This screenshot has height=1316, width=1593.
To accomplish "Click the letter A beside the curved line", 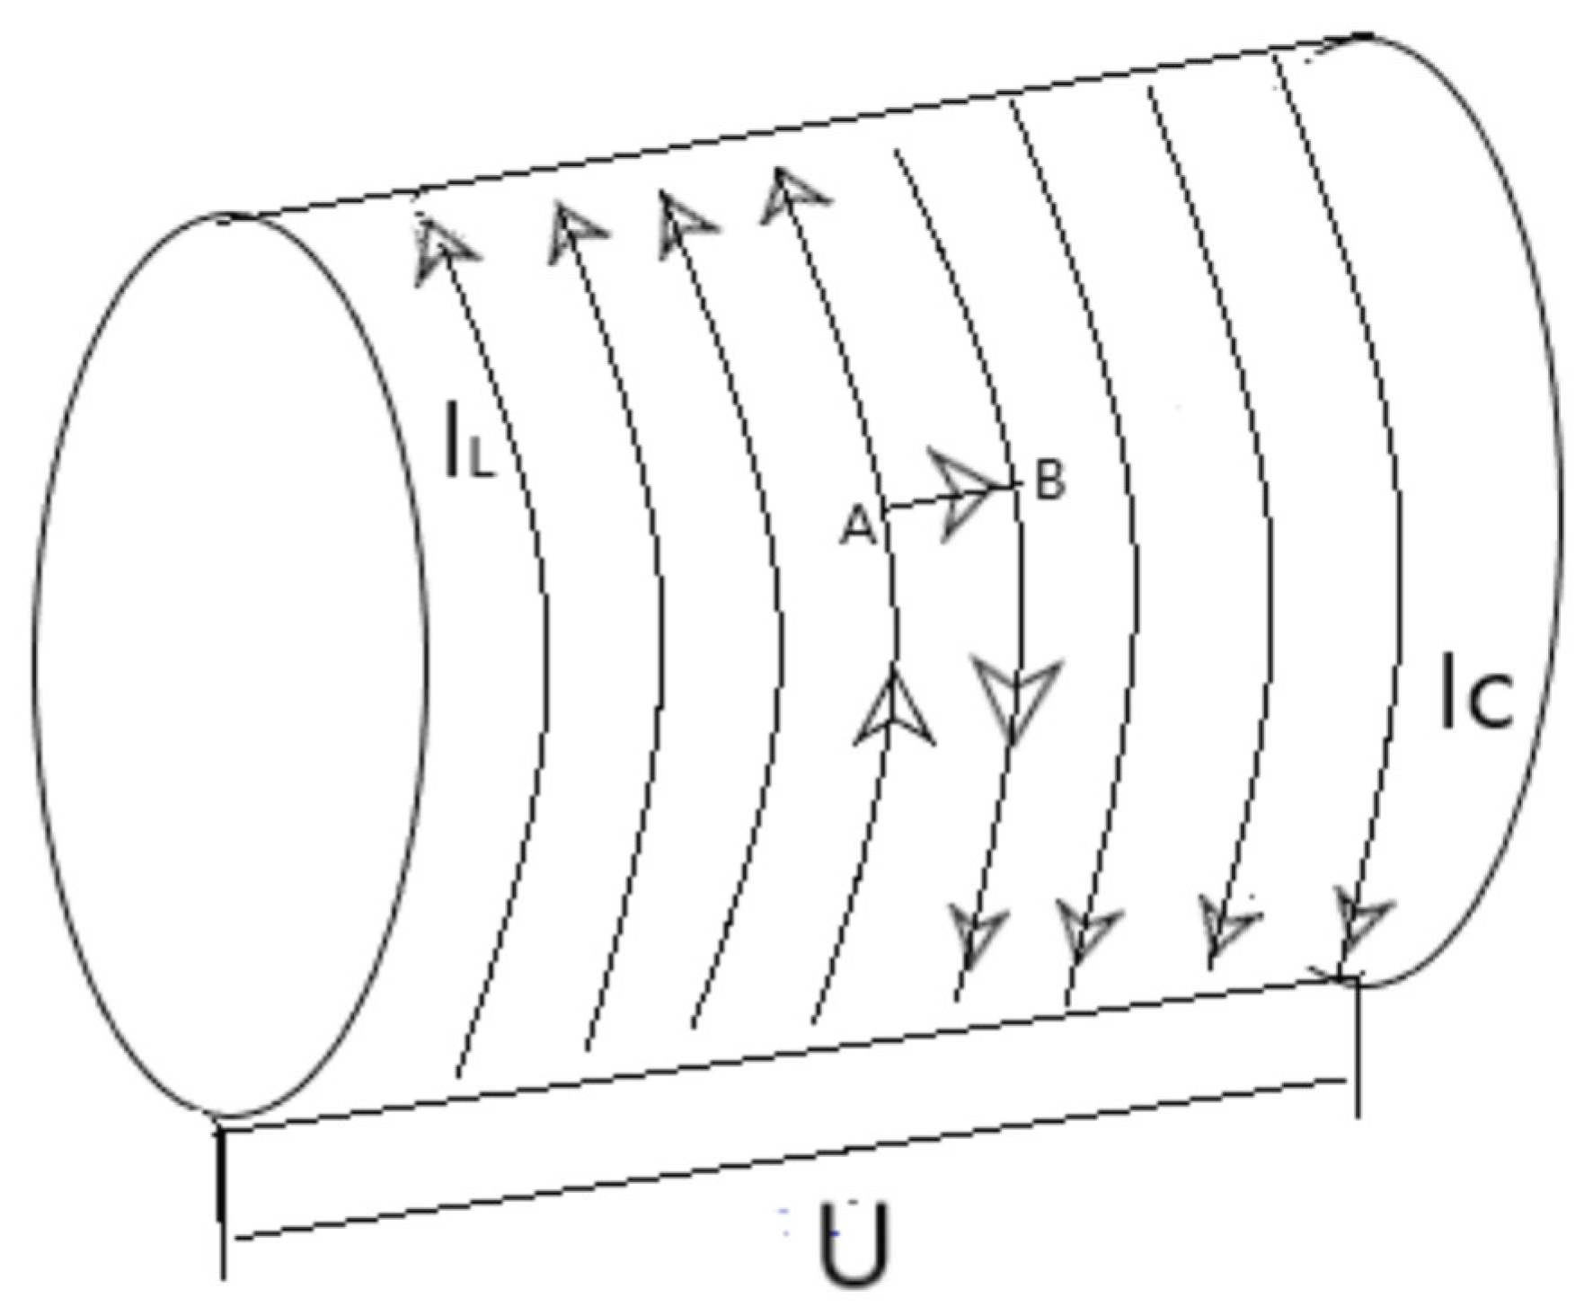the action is click(857, 526).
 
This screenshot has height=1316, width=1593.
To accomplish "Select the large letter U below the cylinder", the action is click(853, 1244).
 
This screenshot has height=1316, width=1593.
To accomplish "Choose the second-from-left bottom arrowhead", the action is click(1085, 932).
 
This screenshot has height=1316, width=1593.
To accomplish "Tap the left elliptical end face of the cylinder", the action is click(229, 665).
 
